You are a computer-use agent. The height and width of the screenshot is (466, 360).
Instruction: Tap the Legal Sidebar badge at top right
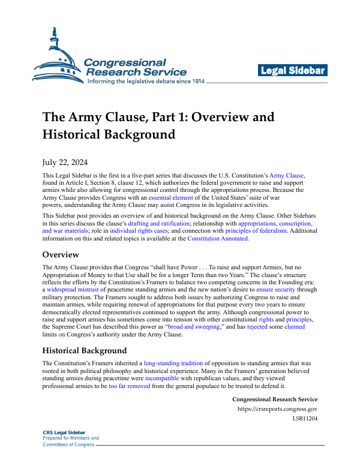tap(293, 71)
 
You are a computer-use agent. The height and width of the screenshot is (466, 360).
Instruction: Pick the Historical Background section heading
tap(84, 351)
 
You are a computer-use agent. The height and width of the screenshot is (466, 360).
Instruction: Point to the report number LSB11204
tap(305, 419)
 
